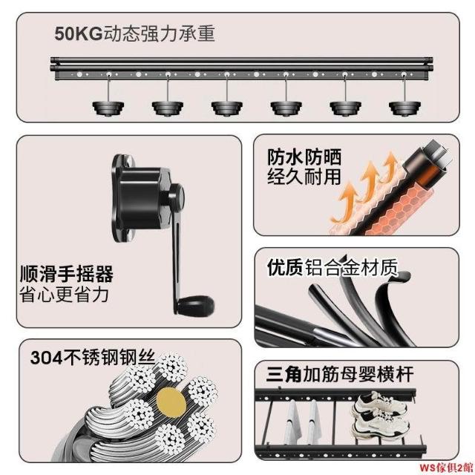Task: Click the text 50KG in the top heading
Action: [79, 33]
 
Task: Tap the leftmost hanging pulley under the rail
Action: [108, 108]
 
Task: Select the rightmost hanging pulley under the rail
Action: [404, 108]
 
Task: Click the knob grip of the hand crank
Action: [195, 304]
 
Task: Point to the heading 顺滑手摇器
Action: [66, 274]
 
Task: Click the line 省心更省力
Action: [64, 294]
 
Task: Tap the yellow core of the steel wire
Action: [171, 402]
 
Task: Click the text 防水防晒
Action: [304, 157]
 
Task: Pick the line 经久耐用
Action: [304, 177]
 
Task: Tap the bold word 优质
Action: [285, 267]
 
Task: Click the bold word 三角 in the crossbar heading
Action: [284, 374]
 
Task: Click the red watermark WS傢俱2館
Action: [446, 467]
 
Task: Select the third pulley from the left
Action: [227, 108]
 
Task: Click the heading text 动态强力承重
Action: [160, 33]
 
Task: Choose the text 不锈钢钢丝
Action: [109, 358]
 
